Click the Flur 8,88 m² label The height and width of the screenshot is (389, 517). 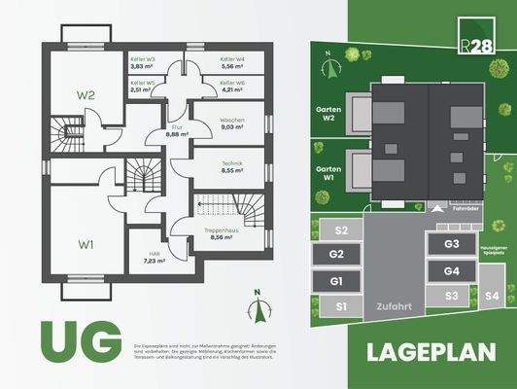[x=176, y=132]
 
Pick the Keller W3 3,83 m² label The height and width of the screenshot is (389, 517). [x=143, y=62]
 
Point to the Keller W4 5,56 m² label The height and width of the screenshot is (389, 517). [x=232, y=62]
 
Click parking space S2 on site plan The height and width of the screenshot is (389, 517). [x=340, y=231]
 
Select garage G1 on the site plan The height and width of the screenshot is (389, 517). [x=337, y=281]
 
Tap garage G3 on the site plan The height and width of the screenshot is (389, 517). [x=451, y=245]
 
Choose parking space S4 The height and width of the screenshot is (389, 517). [x=492, y=296]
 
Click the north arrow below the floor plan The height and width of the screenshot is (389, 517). [x=258, y=309]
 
